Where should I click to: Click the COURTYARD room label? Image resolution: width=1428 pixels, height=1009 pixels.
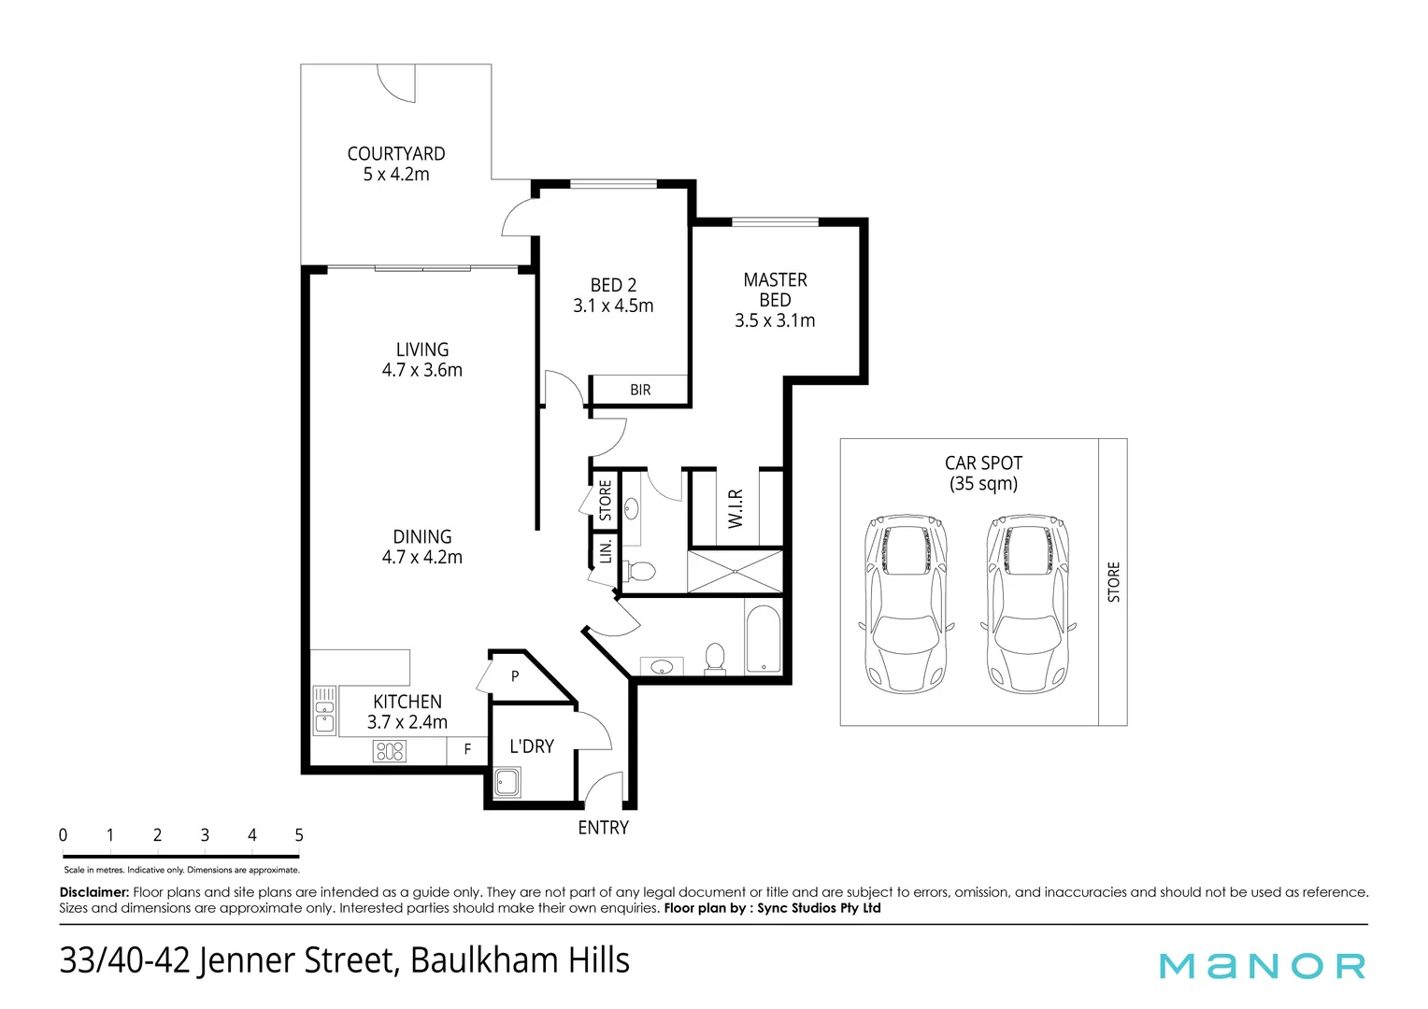click(x=396, y=153)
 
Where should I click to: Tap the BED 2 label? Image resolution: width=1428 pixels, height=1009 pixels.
click(x=613, y=285)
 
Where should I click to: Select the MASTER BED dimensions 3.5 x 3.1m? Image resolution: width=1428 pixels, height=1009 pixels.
click(x=775, y=320)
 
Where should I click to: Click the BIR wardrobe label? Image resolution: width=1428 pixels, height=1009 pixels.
click(x=640, y=390)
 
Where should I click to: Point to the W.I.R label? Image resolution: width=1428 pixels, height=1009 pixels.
click(x=735, y=508)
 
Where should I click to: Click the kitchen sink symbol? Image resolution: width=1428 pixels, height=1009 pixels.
click(x=324, y=711)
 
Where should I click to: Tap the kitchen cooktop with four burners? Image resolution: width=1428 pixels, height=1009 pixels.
click(x=390, y=750)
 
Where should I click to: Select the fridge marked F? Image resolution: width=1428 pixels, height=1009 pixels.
click(x=467, y=749)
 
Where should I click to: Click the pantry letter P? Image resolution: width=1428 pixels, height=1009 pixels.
click(x=515, y=676)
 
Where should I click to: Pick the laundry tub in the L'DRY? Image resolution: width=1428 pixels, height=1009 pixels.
click(x=507, y=782)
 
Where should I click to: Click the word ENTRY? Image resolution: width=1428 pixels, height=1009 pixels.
click(x=603, y=828)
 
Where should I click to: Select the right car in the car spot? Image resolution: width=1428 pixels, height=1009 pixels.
click(x=1027, y=603)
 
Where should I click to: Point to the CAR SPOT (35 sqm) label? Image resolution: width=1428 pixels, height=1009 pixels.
click(x=983, y=473)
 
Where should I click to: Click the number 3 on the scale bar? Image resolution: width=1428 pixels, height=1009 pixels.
click(x=205, y=835)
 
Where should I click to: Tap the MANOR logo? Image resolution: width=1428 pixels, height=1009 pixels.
click(x=1262, y=965)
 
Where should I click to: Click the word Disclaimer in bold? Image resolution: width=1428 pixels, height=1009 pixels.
click(x=93, y=892)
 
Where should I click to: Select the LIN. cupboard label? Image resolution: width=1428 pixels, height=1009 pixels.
click(x=606, y=550)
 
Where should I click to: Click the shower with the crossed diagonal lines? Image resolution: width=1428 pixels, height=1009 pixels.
click(x=735, y=571)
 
